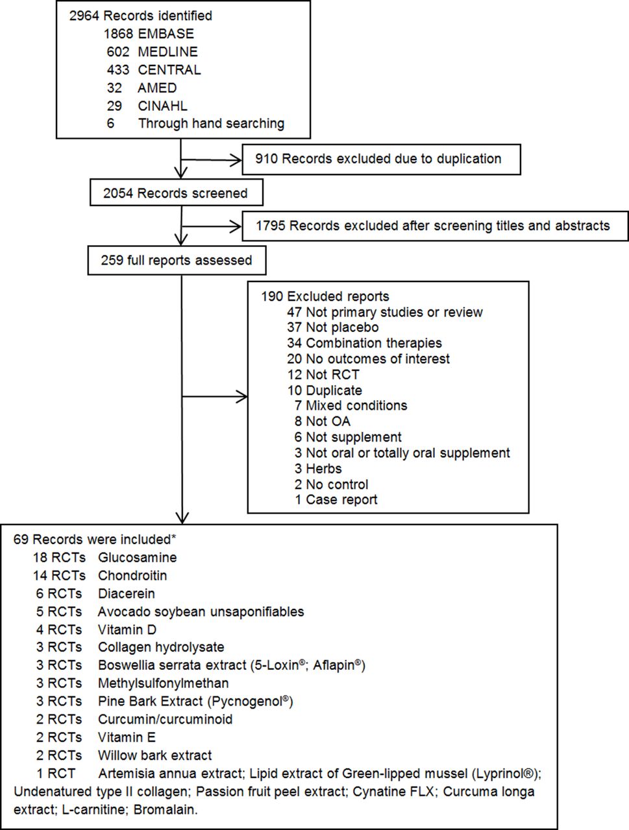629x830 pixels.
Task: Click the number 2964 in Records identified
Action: [x=84, y=16]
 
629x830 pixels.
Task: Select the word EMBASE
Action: [x=166, y=34]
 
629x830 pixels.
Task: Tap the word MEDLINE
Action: [x=167, y=52]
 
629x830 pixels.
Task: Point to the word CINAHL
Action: [x=162, y=106]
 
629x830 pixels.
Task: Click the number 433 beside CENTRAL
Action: [x=117, y=70]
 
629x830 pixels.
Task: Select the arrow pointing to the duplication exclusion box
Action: [x=211, y=160]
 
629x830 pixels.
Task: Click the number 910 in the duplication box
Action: [x=266, y=159]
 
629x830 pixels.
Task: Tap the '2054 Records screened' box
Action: [x=177, y=193]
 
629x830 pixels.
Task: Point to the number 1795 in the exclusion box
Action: [x=270, y=226]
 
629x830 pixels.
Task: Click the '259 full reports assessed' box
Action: [x=177, y=261]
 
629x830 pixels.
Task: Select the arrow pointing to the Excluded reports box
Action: [x=215, y=397]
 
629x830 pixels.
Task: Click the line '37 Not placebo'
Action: [x=332, y=327]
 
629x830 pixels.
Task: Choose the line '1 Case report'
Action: [x=336, y=500]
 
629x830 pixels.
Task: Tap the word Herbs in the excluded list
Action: [x=323, y=469]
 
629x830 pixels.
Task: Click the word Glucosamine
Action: [x=138, y=558]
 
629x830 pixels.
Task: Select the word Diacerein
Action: [x=127, y=594]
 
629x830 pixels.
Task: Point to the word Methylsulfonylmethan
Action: [x=163, y=683]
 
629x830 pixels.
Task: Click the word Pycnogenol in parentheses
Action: [x=247, y=702]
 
